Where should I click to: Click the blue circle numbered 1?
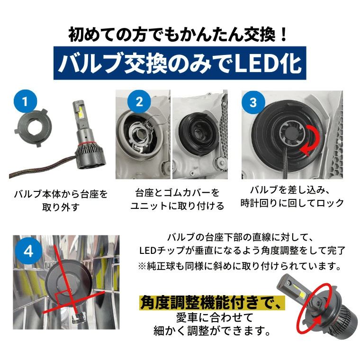(x=25, y=101)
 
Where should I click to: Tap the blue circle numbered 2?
(x=139, y=102)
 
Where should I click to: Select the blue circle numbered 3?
(x=253, y=102)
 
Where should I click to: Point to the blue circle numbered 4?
(x=28, y=251)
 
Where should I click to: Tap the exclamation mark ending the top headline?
(x=284, y=35)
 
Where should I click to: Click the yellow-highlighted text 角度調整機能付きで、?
(x=212, y=303)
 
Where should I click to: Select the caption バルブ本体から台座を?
(x=61, y=194)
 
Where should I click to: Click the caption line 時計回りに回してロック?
(x=292, y=203)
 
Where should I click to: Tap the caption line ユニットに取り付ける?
(x=177, y=206)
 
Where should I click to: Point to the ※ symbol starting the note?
(x=142, y=266)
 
